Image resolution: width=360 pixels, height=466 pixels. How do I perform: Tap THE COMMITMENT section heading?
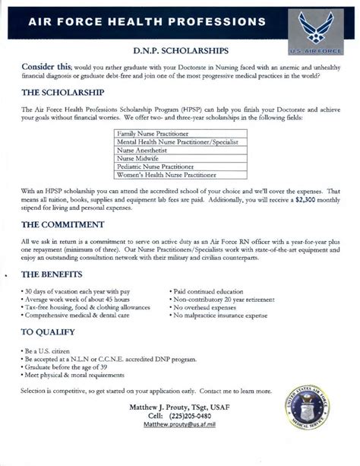[62, 225]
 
